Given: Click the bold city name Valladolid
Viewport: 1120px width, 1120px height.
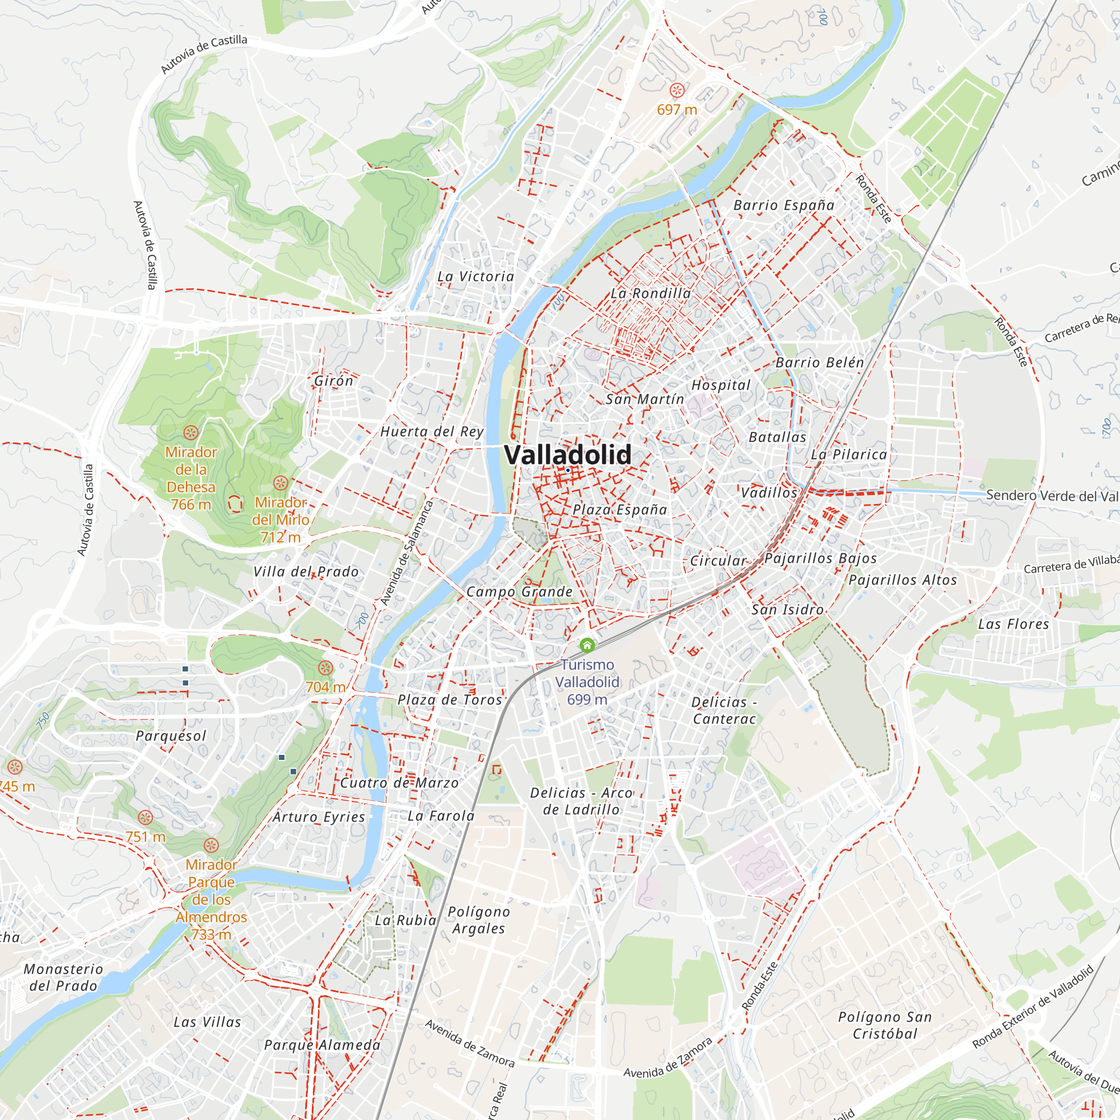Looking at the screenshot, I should click(x=567, y=455).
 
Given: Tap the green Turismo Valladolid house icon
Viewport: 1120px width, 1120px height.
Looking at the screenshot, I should click(x=587, y=645).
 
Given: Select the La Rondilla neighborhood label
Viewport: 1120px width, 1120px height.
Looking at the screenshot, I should click(x=650, y=293).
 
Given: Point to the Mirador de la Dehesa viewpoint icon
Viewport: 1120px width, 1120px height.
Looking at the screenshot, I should click(x=191, y=432).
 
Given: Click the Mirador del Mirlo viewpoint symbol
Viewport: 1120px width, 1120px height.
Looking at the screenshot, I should click(x=281, y=483).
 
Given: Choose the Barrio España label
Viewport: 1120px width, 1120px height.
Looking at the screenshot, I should click(x=784, y=205).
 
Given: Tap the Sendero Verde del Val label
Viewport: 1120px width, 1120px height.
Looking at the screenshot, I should click(x=1052, y=496).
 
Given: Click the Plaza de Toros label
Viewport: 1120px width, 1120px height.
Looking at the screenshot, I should click(x=450, y=699).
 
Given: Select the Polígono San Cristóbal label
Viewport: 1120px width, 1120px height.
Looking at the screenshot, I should click(x=885, y=1025).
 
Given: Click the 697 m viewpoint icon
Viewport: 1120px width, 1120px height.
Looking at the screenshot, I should click(x=677, y=90).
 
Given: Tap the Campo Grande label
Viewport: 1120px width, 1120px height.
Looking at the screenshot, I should click(x=520, y=591).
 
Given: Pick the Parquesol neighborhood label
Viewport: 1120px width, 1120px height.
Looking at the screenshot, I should click(x=171, y=736).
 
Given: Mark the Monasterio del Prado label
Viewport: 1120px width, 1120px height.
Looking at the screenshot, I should click(x=63, y=977).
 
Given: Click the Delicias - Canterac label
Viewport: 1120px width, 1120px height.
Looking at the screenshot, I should click(x=724, y=710).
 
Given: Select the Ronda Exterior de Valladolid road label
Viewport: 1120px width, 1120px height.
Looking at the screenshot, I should click(x=1033, y=1006).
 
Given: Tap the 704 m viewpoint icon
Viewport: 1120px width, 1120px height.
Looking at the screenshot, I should click(x=326, y=668).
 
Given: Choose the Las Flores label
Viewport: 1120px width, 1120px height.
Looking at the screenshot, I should click(x=1014, y=624).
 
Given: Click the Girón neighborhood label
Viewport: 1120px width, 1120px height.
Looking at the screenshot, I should click(x=333, y=380).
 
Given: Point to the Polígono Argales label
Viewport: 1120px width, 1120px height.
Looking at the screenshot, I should click(x=479, y=920).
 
